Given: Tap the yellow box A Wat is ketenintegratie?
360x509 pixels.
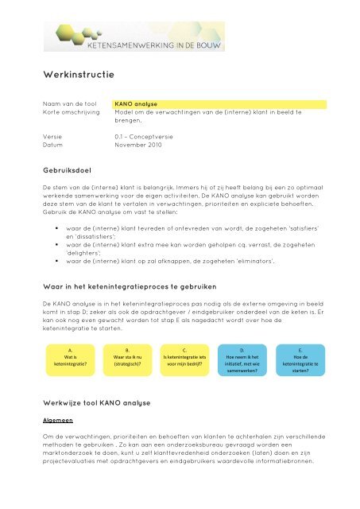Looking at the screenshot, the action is pyautogui.click(x=69, y=359).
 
